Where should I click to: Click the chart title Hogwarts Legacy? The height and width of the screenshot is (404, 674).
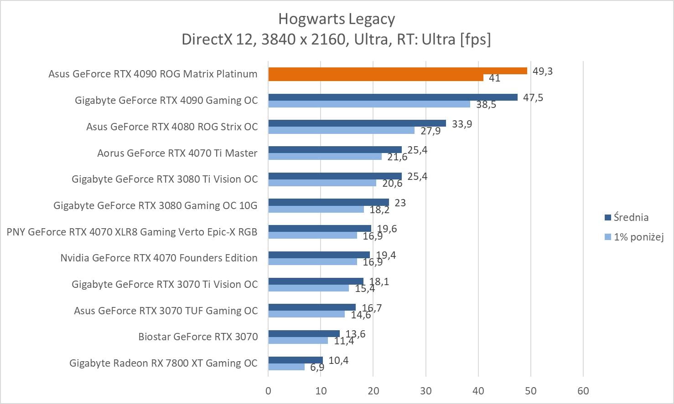tap(337, 19)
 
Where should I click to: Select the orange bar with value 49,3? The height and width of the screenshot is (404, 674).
tap(397, 71)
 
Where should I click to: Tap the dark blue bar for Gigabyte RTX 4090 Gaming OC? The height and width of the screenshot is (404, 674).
tap(393, 97)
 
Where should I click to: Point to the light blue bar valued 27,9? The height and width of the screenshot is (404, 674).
tap(341, 131)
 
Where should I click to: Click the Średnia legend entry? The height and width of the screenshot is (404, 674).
tap(631, 217)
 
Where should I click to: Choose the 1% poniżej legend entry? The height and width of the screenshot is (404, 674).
tap(638, 237)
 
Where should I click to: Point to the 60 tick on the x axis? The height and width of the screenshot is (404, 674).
tap(583, 391)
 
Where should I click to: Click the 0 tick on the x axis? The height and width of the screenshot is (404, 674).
tap(268, 391)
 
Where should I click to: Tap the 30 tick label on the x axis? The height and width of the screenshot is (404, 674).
tap(425, 391)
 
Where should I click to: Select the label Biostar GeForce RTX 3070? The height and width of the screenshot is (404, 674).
tap(198, 337)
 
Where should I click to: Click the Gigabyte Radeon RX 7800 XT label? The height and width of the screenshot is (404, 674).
tap(163, 363)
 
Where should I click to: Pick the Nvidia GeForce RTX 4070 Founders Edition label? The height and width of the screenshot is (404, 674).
tap(159, 258)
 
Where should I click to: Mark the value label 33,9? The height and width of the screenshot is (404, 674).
tap(461, 124)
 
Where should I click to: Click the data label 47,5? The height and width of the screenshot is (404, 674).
tap(533, 97)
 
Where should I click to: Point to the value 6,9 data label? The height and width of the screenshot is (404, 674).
tap(317, 367)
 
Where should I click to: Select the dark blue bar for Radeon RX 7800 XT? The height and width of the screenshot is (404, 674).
tap(296, 360)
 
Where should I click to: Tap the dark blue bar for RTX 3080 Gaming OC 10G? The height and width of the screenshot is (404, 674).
tap(328, 202)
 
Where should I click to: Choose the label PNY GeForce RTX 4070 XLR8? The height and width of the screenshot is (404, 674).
tap(132, 232)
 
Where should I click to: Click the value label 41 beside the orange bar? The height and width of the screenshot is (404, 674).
tap(494, 78)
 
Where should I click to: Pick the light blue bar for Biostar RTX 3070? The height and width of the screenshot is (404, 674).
tap(298, 341)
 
